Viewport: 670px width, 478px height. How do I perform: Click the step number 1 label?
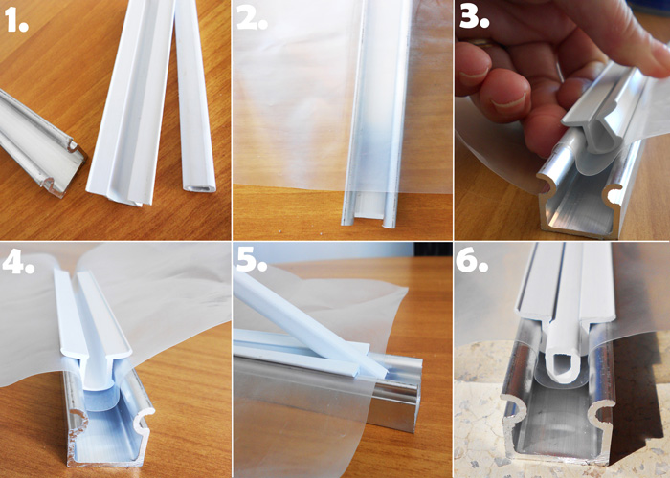tap(16, 20)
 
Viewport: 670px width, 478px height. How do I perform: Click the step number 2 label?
tap(252, 18)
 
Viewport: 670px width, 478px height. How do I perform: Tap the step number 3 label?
tap(474, 17)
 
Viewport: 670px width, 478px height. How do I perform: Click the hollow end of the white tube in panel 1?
tap(200, 187)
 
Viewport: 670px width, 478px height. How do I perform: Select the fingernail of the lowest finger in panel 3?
tap(508, 101)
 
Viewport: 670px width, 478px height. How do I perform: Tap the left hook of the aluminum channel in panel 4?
tap(78, 421)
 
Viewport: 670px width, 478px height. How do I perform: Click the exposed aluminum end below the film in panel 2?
tap(370, 208)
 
